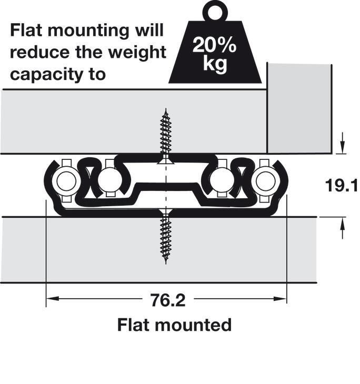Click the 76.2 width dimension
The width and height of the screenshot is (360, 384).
coord(168,300)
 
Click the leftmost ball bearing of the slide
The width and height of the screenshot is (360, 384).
coord(66,181)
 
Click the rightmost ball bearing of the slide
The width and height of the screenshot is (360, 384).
coord(266,181)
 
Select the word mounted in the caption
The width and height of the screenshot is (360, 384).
coord(193,325)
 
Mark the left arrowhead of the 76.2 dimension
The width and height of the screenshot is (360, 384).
coord(53,299)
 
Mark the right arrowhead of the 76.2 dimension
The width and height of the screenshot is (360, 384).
coord(280,299)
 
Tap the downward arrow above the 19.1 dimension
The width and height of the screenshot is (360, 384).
coord(342,143)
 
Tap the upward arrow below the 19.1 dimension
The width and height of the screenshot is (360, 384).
coord(342,228)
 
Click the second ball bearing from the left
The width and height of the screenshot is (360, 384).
coord(110,180)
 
